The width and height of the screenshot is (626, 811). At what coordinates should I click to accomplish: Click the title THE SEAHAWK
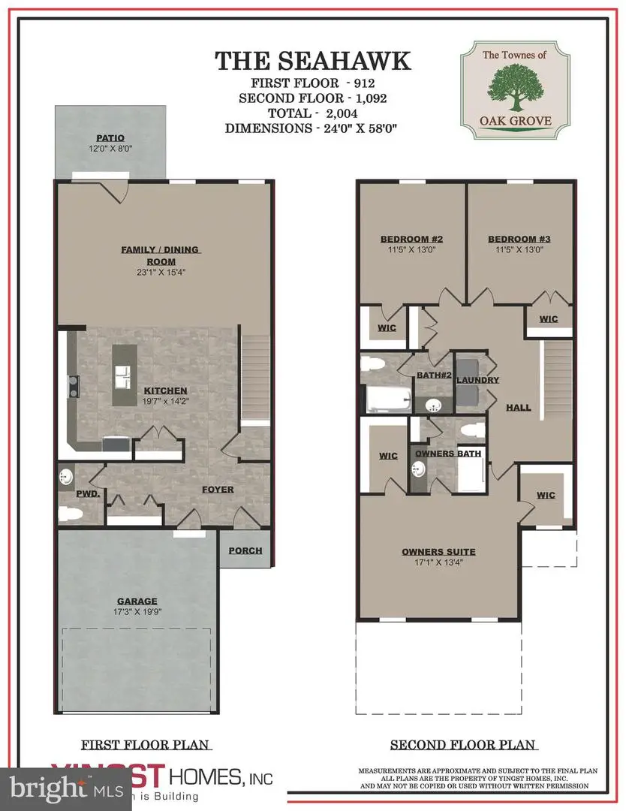tap(312, 61)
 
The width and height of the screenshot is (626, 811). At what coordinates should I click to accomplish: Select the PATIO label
tap(110, 137)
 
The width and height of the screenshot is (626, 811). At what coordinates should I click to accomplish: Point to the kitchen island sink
tap(122, 373)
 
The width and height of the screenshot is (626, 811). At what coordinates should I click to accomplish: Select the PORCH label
tap(245, 550)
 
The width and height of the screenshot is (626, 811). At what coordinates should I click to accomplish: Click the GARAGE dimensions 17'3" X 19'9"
tap(137, 612)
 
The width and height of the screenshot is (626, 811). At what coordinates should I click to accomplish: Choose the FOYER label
tap(217, 490)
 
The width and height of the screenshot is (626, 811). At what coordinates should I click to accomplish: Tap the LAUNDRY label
tap(477, 381)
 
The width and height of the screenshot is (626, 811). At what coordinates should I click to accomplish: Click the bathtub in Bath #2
tap(386, 397)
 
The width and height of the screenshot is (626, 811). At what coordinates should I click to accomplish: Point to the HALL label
tap(518, 408)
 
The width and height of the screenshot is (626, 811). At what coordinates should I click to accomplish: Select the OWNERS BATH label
tap(447, 453)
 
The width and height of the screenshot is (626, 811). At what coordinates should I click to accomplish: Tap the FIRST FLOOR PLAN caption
tap(146, 745)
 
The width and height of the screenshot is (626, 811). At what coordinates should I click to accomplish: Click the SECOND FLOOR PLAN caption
tap(462, 745)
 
